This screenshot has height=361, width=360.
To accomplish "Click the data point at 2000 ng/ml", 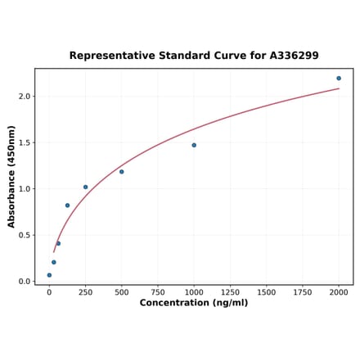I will click(339, 79).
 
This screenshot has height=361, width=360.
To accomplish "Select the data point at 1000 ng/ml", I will click(194, 145).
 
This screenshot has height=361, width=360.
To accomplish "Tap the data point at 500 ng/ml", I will click(122, 171).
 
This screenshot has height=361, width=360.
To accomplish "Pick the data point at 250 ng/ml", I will click(85, 187).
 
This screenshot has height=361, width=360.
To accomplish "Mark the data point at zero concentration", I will click(49, 275).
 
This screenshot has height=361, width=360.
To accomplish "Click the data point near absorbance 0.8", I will click(67, 205).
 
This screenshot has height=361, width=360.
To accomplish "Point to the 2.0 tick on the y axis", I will click(24, 97).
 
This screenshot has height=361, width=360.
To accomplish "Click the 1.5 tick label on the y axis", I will click(24, 142).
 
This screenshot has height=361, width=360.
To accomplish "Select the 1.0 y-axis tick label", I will click(24, 189).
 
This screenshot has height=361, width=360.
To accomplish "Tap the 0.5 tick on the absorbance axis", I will click(24, 235).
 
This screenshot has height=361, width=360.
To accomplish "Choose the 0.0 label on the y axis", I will click(24, 282).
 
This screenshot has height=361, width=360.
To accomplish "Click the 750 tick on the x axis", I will click(157, 292).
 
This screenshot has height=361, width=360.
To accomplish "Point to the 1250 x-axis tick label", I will click(230, 292).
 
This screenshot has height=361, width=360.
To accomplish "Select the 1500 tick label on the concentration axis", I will click(266, 292).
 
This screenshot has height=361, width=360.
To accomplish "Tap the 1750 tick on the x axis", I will click(303, 292).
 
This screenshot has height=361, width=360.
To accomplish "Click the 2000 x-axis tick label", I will click(339, 292).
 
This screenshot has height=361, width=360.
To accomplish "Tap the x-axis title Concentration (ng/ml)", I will click(194, 304).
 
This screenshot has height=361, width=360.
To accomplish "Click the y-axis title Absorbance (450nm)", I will click(11, 176).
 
